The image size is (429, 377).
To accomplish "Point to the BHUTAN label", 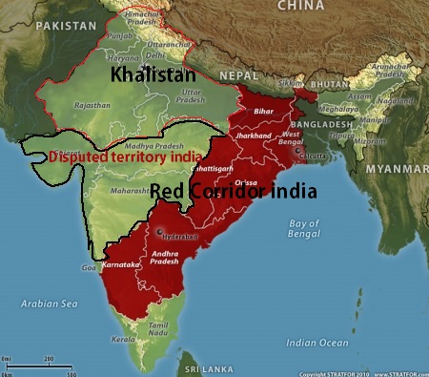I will [x=329, y=85].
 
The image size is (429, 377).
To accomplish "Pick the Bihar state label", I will [x=263, y=112].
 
